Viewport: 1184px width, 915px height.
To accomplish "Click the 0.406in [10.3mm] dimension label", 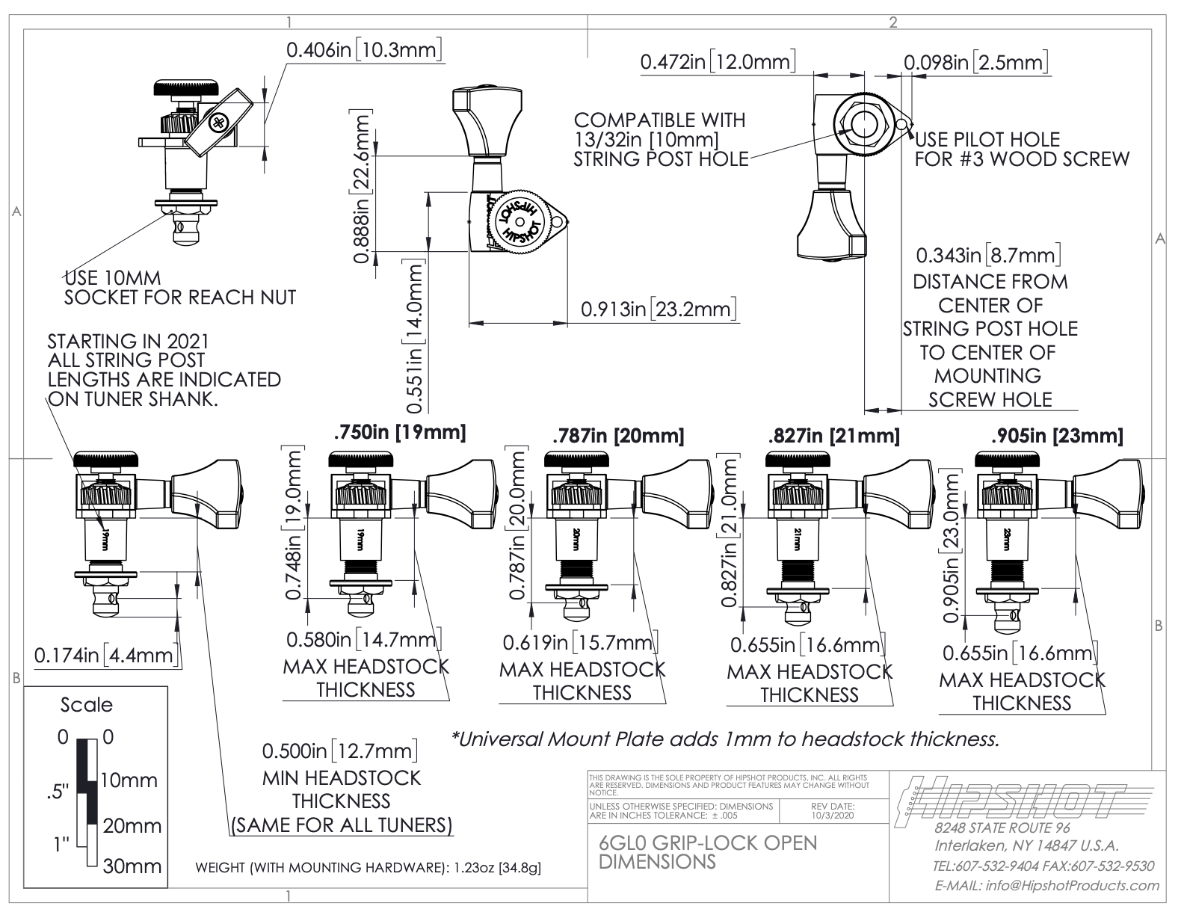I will click(x=366, y=50).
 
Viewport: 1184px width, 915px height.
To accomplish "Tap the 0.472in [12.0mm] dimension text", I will click(x=718, y=62).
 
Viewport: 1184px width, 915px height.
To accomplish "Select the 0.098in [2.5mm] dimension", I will click(x=975, y=62).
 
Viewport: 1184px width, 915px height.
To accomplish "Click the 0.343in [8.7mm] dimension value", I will click(x=988, y=256).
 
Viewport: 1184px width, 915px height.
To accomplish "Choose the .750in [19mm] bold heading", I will click(x=400, y=432).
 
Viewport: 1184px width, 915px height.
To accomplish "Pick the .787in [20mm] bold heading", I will click(x=617, y=435).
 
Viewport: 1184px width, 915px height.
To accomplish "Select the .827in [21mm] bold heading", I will click(x=833, y=435).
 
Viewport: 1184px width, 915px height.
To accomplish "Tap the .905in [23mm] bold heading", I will click(x=1056, y=435).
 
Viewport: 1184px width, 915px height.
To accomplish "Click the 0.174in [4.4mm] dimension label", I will click(x=105, y=656).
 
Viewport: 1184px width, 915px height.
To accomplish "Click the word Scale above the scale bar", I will click(x=87, y=705).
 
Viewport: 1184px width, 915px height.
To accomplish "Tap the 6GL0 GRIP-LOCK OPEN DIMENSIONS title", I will click(x=708, y=851).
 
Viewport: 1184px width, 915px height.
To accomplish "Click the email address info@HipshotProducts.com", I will click(x=1046, y=886).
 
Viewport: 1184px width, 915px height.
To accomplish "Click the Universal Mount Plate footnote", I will click(x=725, y=739).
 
